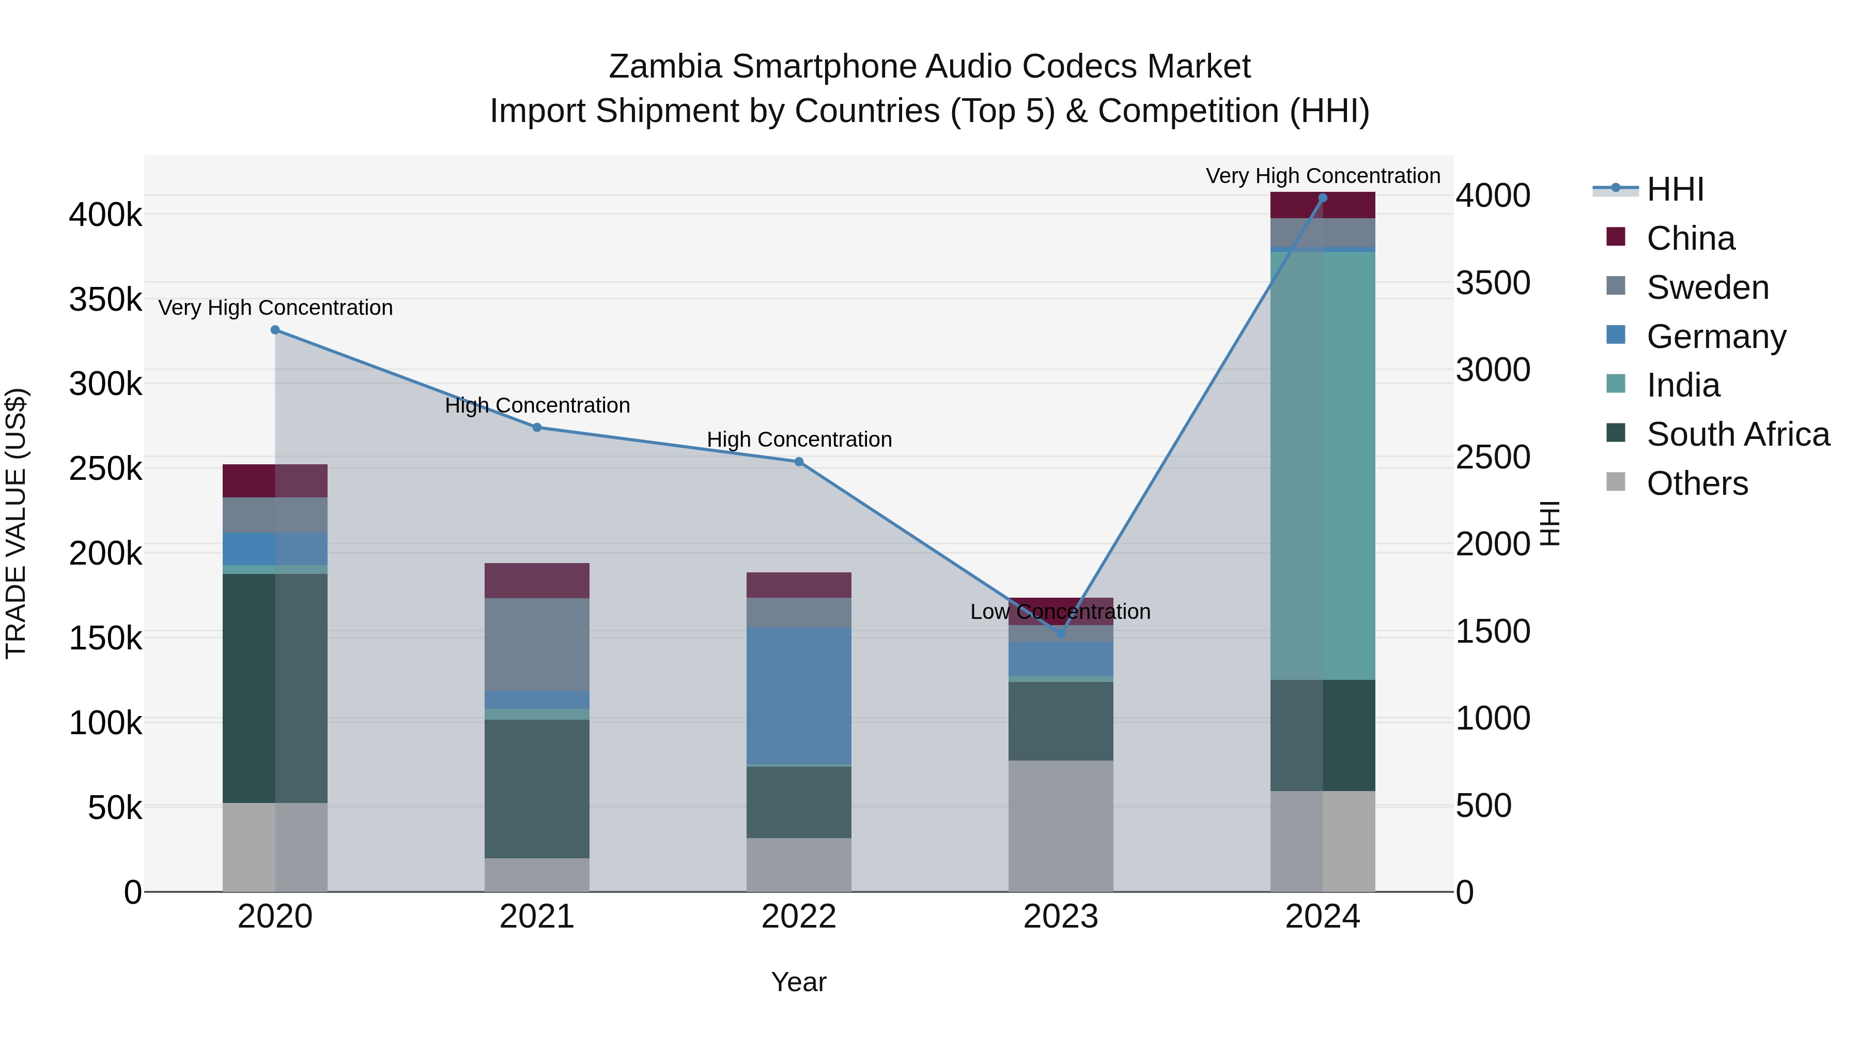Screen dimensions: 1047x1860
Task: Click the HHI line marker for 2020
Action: pyautogui.click(x=275, y=330)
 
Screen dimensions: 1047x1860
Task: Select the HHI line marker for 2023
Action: pyautogui.click(x=1061, y=634)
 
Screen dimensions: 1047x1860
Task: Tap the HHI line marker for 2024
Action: pyautogui.click(x=1323, y=198)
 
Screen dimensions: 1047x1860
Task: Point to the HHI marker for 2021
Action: pyautogui.click(x=537, y=428)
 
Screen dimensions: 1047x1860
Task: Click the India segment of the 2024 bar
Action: pyautogui.click(x=1323, y=465)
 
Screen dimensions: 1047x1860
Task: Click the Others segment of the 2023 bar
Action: pyautogui.click(x=1061, y=825)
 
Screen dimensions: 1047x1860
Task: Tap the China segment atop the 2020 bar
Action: pyautogui.click(x=275, y=480)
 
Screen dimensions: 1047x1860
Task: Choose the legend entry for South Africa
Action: pyautogui.click(x=1737, y=435)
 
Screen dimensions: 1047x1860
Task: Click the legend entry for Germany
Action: pyautogui.click(x=1715, y=337)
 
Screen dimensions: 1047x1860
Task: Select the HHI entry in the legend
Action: pyautogui.click(x=1675, y=189)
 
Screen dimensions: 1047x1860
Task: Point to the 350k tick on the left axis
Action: pyautogui.click(x=105, y=299)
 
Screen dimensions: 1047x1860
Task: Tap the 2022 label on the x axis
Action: pyautogui.click(x=799, y=917)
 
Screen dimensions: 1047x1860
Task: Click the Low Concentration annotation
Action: pyautogui.click(x=1060, y=612)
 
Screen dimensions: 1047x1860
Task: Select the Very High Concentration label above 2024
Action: pyautogui.click(x=1323, y=176)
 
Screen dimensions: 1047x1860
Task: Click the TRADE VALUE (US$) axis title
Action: pyautogui.click(x=17, y=523)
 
